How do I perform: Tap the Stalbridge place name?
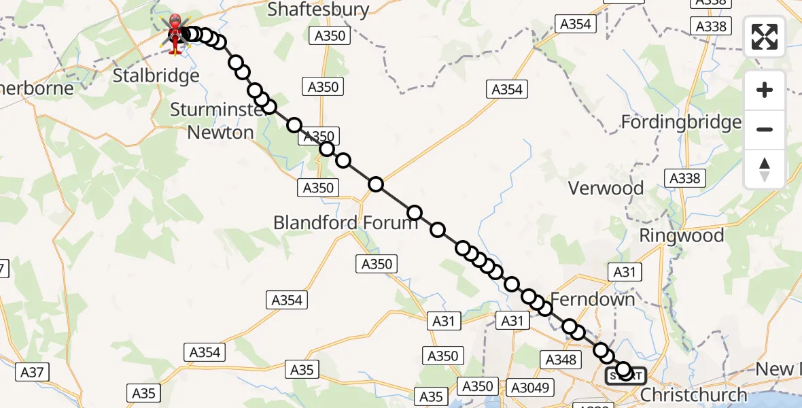156,75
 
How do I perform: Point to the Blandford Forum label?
345,222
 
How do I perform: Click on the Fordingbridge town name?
681,122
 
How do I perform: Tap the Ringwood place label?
682,236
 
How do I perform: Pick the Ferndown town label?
592,299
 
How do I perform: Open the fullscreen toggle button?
765,37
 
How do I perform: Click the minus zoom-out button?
765,129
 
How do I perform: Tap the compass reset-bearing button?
765,169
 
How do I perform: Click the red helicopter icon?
175,34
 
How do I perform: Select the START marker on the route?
626,375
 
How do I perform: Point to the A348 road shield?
561,359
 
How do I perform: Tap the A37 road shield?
32,372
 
